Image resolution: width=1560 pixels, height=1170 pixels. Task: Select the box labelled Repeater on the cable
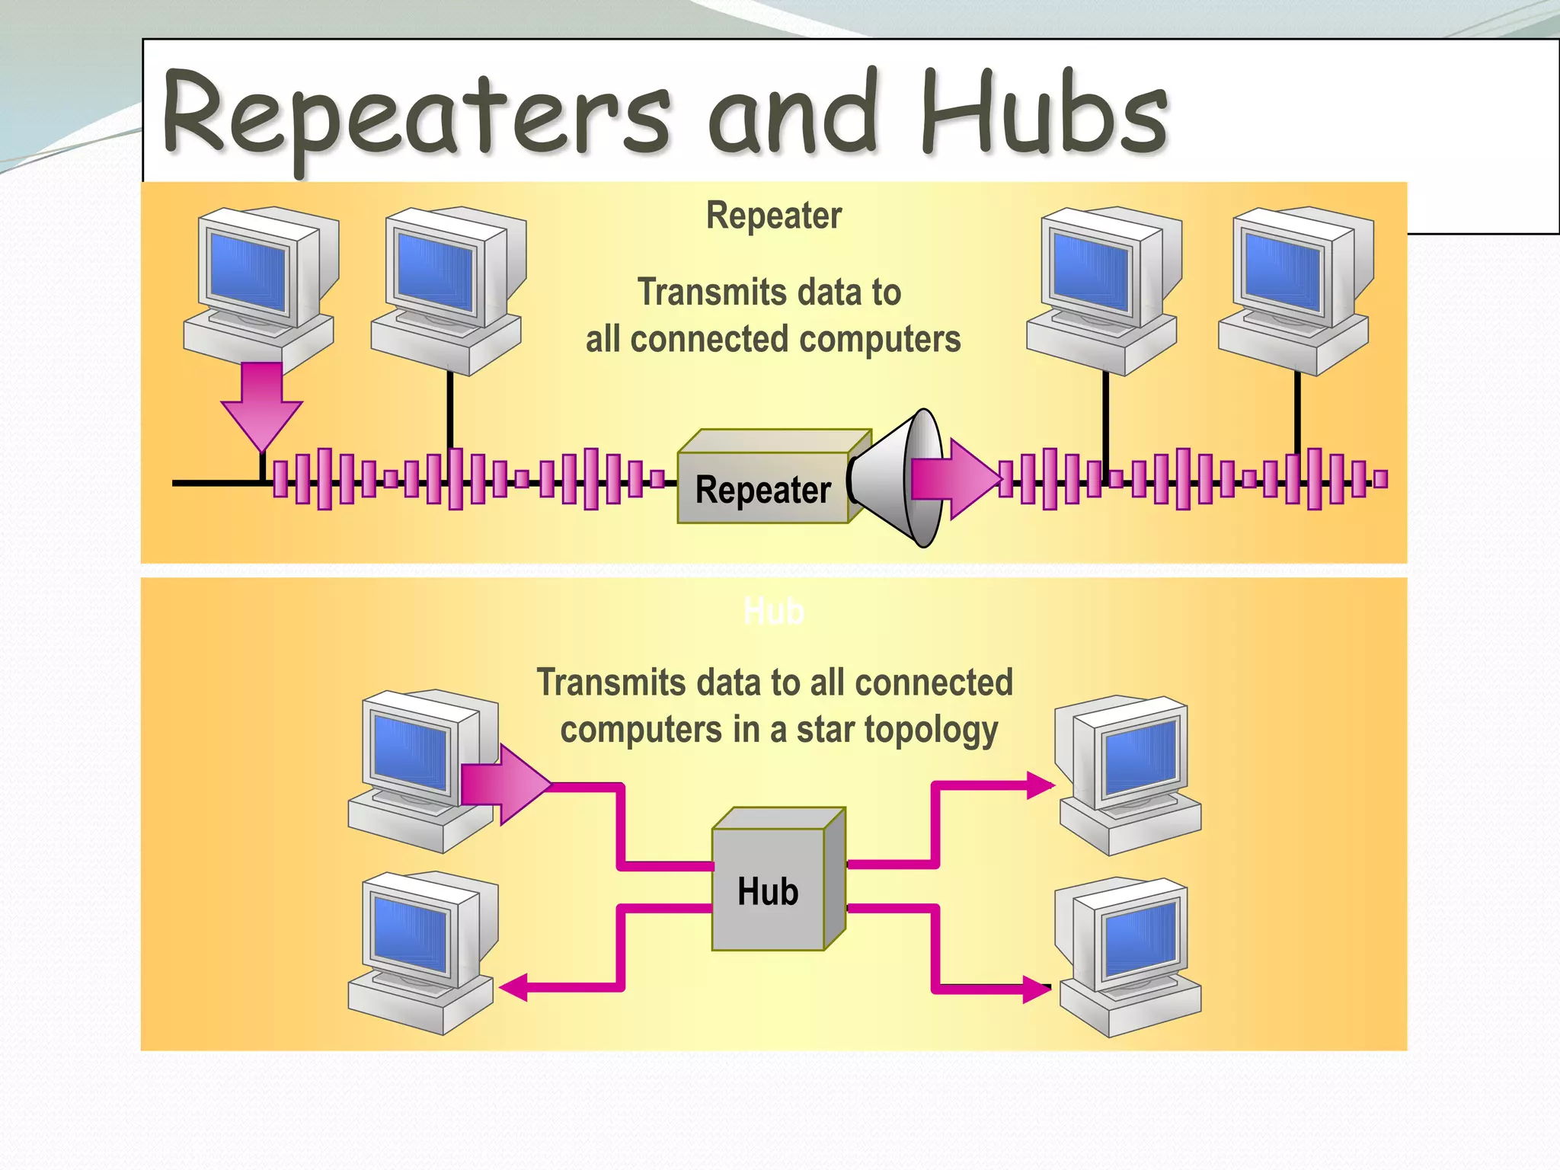(x=762, y=487)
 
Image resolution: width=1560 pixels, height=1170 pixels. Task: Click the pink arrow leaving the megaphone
(x=955, y=478)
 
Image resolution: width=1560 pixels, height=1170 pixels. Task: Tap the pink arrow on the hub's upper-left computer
(x=504, y=784)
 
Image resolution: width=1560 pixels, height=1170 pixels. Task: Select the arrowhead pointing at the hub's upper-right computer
(x=1039, y=785)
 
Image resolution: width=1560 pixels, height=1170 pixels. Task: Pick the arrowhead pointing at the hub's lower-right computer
(x=1036, y=989)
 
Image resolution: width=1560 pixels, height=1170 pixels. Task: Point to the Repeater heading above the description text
(x=774, y=216)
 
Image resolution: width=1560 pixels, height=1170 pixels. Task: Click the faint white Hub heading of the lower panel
(x=773, y=611)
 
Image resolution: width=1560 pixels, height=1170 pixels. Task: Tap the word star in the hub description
(x=818, y=730)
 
